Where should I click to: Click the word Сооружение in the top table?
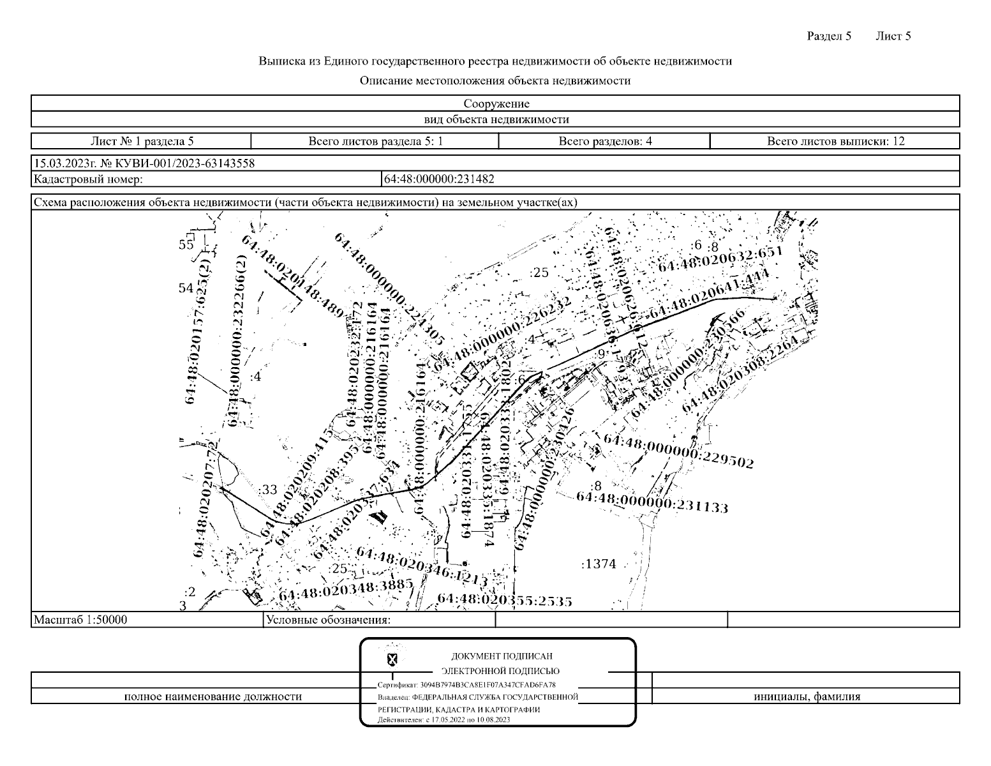pyautogui.click(x=496, y=103)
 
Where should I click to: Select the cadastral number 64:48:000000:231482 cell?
pyautogui.click(x=439, y=179)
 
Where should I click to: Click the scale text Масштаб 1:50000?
pyautogui.click(x=80, y=619)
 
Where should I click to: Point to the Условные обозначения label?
pyautogui.click(x=329, y=619)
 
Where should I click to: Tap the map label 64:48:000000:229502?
pyautogui.click(x=678, y=451)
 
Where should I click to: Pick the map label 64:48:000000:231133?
pyautogui.click(x=652, y=501)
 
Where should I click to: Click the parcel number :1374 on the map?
pyautogui.click(x=599, y=564)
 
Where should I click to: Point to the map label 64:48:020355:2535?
pyautogui.click(x=504, y=600)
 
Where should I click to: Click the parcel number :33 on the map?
pyautogui.click(x=269, y=490)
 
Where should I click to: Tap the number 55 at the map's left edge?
pyautogui.click(x=186, y=244)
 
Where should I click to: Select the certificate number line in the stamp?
pyautogui.click(x=466, y=684)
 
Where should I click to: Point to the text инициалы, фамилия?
pyautogui.click(x=806, y=696)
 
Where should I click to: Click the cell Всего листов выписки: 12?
pyautogui.click(x=835, y=141)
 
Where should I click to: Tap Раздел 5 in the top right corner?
pyautogui.click(x=829, y=36)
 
